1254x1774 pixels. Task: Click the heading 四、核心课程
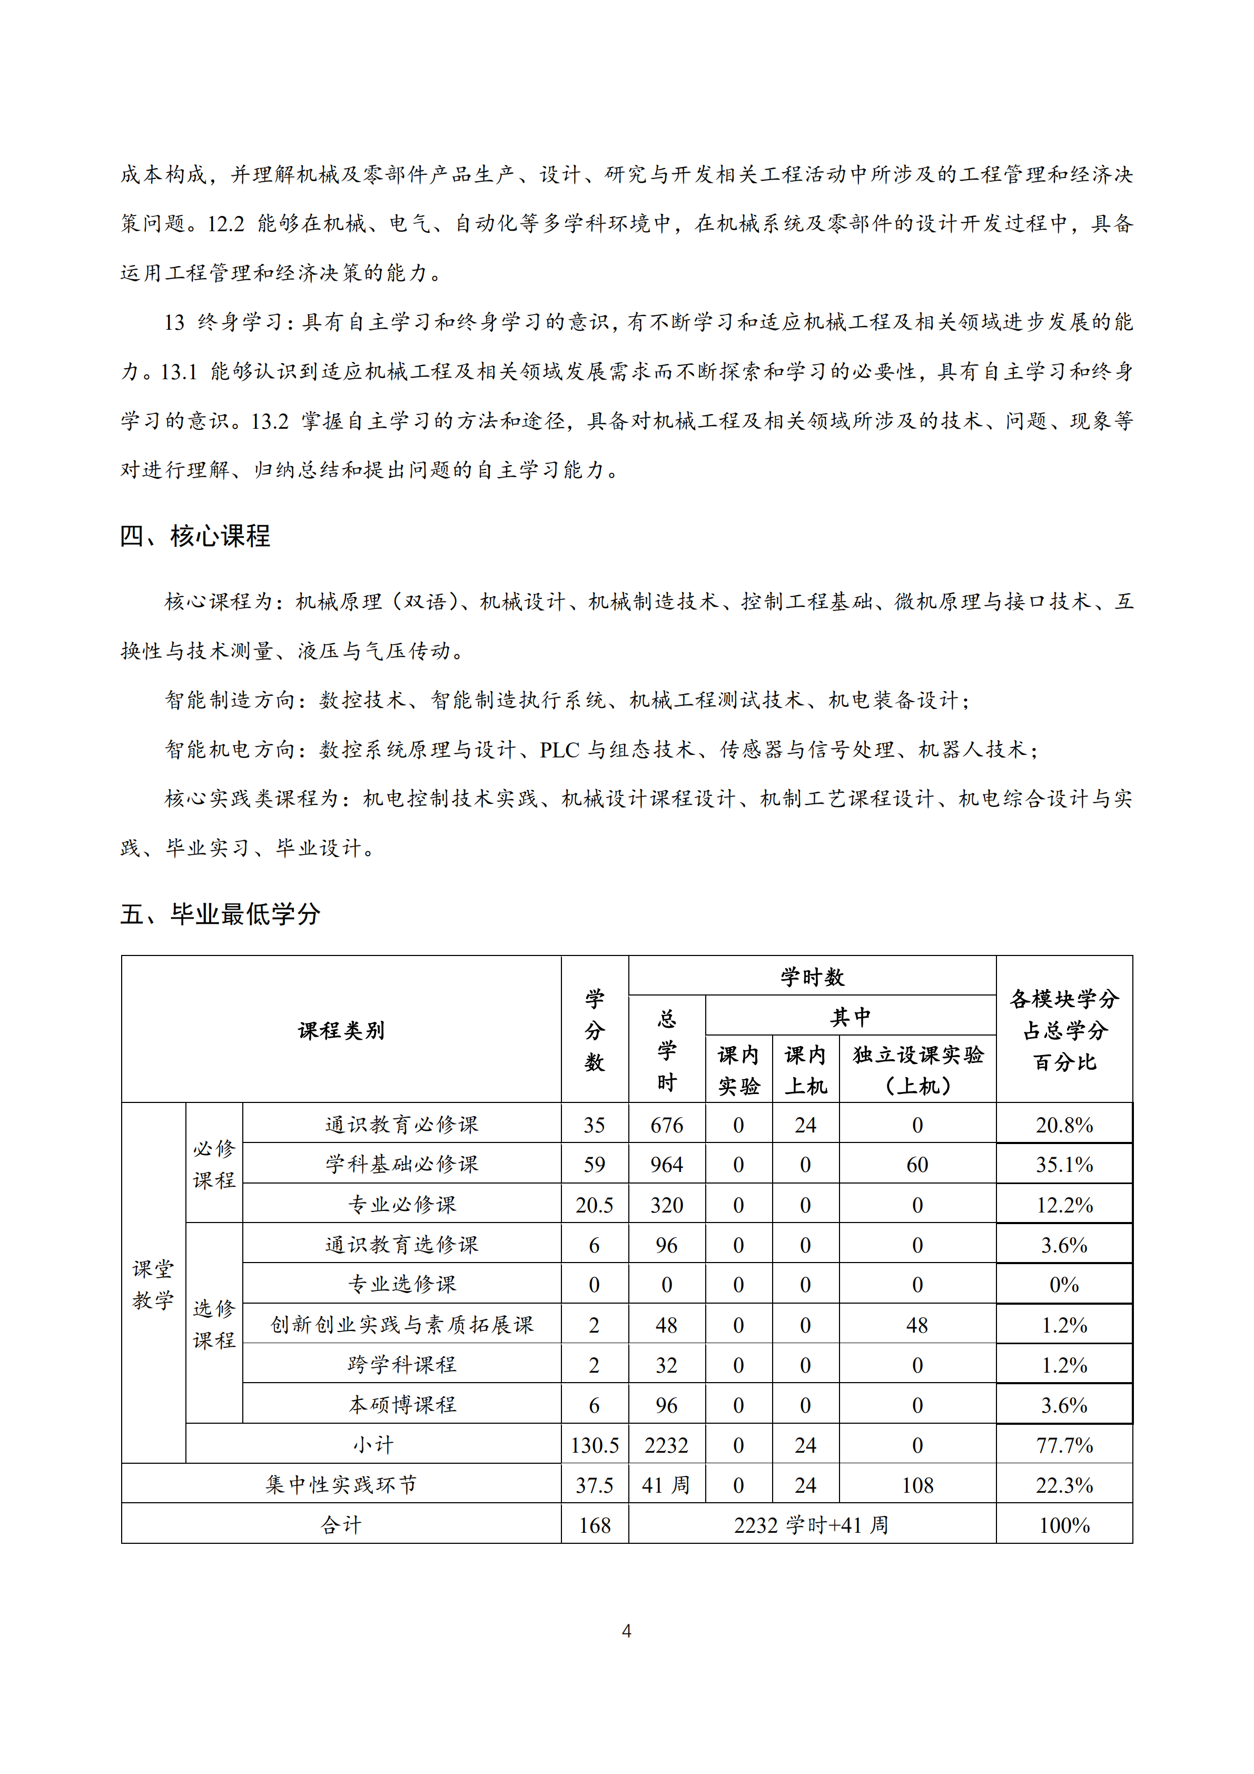pos(195,536)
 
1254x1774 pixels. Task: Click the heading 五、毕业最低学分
pos(220,914)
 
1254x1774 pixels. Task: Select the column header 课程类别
pos(341,1030)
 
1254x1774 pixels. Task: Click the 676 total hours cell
pos(666,1125)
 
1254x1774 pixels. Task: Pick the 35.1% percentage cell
pos(1064,1165)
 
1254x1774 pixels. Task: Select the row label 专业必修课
pos(402,1205)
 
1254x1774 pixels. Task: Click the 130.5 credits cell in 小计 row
pos(594,1445)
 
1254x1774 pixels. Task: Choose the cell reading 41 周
pos(666,1485)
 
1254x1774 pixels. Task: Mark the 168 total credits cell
pos(594,1525)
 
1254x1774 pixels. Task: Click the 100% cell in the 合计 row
pos(1064,1525)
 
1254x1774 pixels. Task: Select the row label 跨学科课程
pos(402,1365)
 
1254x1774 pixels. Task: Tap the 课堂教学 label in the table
pos(153,1284)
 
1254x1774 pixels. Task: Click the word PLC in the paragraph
pos(559,750)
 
